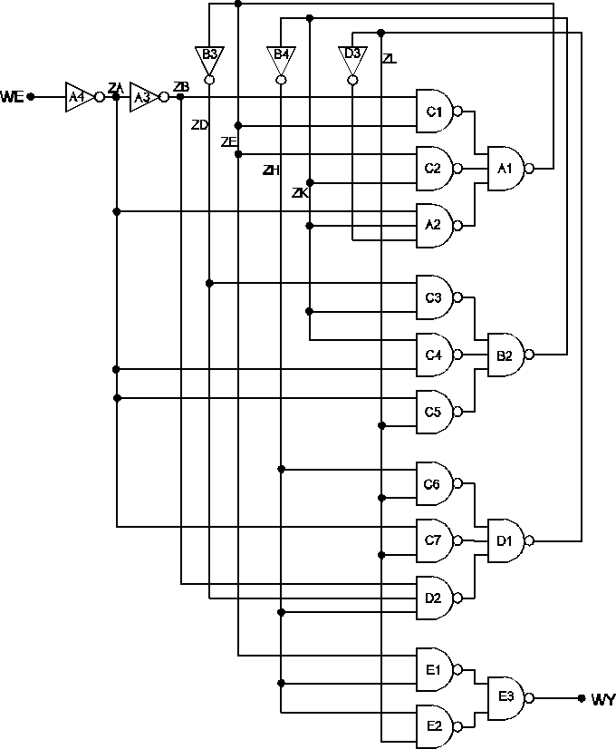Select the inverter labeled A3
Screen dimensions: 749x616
(142, 96)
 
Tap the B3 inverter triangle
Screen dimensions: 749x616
(209, 57)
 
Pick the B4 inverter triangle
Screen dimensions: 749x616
(281, 57)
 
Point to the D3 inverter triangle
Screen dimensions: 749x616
(352, 56)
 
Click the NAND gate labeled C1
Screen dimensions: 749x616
(435, 112)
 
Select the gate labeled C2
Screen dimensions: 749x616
(435, 169)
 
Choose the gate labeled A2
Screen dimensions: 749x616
(435, 225)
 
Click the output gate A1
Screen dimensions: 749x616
(505, 169)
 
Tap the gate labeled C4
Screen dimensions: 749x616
(435, 355)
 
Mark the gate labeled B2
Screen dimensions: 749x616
(505, 355)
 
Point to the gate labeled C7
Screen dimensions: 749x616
(435, 540)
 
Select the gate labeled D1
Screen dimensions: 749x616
(505, 540)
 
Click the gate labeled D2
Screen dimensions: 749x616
(435, 598)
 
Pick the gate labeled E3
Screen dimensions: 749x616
(506, 697)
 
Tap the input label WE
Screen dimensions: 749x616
(12, 96)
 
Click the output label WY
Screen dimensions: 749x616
(602, 699)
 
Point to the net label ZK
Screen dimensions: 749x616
(300, 193)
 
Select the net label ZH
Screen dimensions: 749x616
(270, 170)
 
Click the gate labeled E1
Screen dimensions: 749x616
(435, 670)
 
